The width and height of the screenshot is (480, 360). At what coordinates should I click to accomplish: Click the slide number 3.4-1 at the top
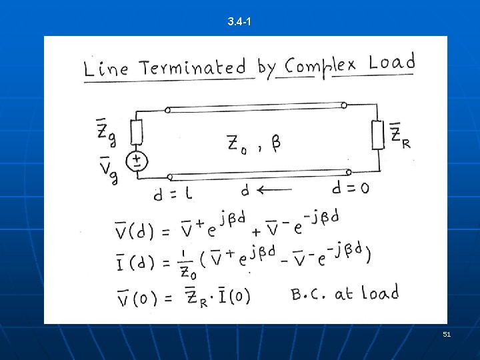(239, 23)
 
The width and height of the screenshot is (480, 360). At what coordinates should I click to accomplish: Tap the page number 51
(447, 334)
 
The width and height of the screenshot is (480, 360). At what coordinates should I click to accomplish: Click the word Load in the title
(391, 63)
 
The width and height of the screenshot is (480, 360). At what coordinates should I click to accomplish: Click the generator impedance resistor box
(136, 131)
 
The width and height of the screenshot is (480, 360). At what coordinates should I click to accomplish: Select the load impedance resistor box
(378, 135)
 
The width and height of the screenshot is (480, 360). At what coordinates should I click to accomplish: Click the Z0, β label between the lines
(253, 144)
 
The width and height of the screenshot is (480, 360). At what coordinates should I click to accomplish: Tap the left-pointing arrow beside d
(274, 190)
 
